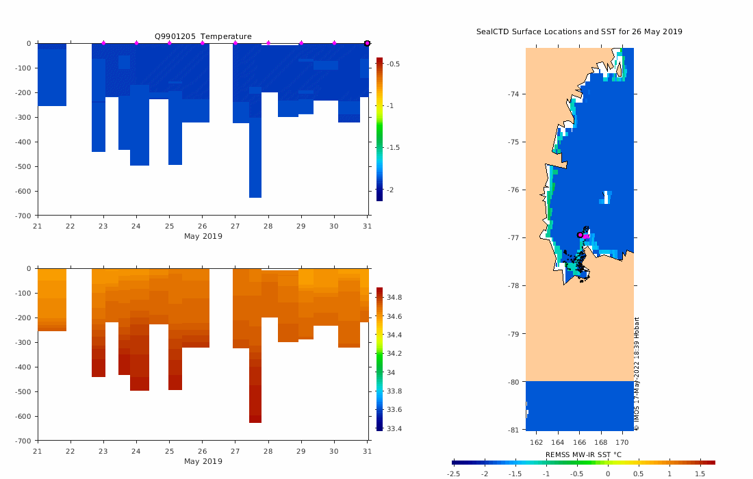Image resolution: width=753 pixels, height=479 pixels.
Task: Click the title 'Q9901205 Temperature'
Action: [203, 36]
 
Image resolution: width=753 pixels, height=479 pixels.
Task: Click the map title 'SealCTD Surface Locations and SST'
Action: [579, 31]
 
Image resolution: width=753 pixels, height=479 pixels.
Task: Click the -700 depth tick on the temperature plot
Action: [24, 216]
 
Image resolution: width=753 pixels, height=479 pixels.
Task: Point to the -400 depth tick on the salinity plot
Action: [24, 367]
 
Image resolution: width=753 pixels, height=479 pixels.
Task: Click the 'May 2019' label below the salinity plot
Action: [203, 461]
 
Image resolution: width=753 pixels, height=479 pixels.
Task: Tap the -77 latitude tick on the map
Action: [513, 237]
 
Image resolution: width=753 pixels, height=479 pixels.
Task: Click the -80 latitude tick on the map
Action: [513, 381]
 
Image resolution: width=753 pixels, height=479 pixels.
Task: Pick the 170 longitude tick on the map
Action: [623, 441]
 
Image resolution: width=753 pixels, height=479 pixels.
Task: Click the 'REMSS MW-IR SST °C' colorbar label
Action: [583, 454]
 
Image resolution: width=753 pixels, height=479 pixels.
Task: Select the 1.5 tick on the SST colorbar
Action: [700, 474]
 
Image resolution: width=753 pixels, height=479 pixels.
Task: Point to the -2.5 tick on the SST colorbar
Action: [453, 474]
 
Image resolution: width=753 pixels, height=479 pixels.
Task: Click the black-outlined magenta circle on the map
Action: [580, 235]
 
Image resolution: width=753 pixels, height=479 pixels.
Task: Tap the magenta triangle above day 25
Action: [169, 43]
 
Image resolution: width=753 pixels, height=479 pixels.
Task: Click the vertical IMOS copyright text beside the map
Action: [637, 374]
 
